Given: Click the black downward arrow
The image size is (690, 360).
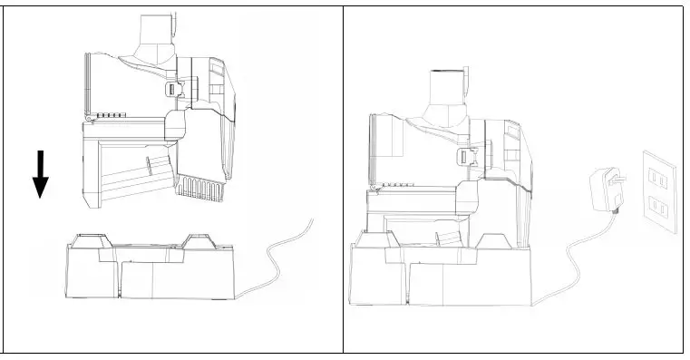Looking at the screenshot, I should click(x=40, y=175).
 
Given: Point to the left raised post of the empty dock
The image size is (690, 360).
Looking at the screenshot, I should click(x=91, y=242).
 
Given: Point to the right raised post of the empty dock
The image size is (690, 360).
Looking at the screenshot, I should click(x=199, y=241).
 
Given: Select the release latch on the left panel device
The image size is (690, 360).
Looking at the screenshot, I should click(x=174, y=89).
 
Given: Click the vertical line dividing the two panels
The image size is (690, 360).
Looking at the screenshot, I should click(x=344, y=181).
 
